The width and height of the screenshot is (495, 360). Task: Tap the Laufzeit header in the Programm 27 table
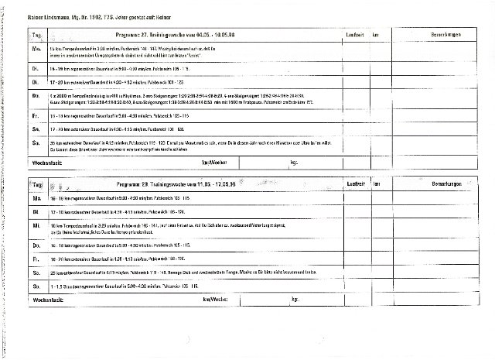pos(353,36)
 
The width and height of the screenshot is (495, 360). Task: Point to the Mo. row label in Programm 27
pos(36,50)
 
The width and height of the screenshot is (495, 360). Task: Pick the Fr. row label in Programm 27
pos(36,115)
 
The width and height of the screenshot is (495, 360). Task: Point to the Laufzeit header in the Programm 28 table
pos(356,186)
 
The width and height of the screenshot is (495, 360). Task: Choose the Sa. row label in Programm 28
pos(36,272)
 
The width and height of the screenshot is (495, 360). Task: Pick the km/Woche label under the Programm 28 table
pos(213,299)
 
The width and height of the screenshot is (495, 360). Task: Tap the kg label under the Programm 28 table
pos(295,299)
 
